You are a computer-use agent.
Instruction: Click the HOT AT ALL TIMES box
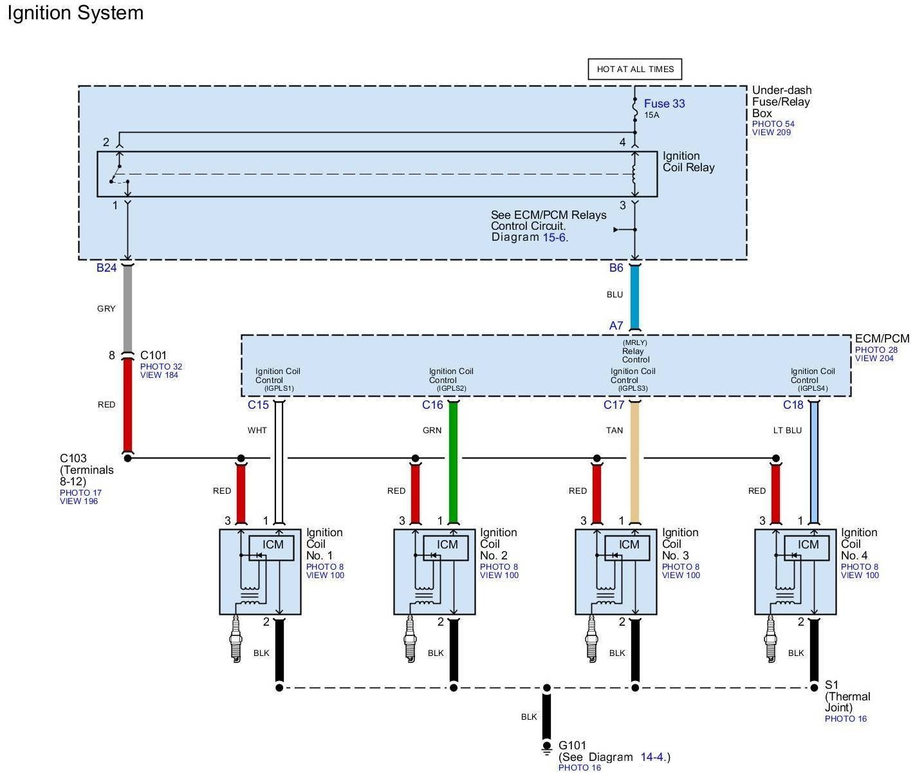pyautogui.click(x=634, y=70)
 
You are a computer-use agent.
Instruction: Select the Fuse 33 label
pyautogui.click(x=664, y=104)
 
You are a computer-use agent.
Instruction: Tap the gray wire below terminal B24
pyautogui.click(x=127, y=308)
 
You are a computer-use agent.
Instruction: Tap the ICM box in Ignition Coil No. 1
pyautogui.click(x=273, y=545)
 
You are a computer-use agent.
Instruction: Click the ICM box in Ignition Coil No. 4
pyautogui.click(x=808, y=545)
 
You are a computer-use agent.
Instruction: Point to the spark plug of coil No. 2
pyautogui.click(x=409, y=638)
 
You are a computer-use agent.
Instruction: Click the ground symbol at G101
pyautogui.click(x=546, y=749)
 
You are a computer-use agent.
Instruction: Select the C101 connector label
pyautogui.click(x=153, y=355)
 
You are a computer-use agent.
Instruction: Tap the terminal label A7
pyautogui.click(x=616, y=326)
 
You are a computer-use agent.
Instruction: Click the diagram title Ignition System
pyautogui.click(x=75, y=14)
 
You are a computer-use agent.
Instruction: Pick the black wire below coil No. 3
pyautogui.click(x=635, y=650)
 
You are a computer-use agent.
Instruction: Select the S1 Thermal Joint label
pyautogui.click(x=847, y=697)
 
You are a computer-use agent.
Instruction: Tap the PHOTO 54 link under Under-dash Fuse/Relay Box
pyautogui.click(x=773, y=124)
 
